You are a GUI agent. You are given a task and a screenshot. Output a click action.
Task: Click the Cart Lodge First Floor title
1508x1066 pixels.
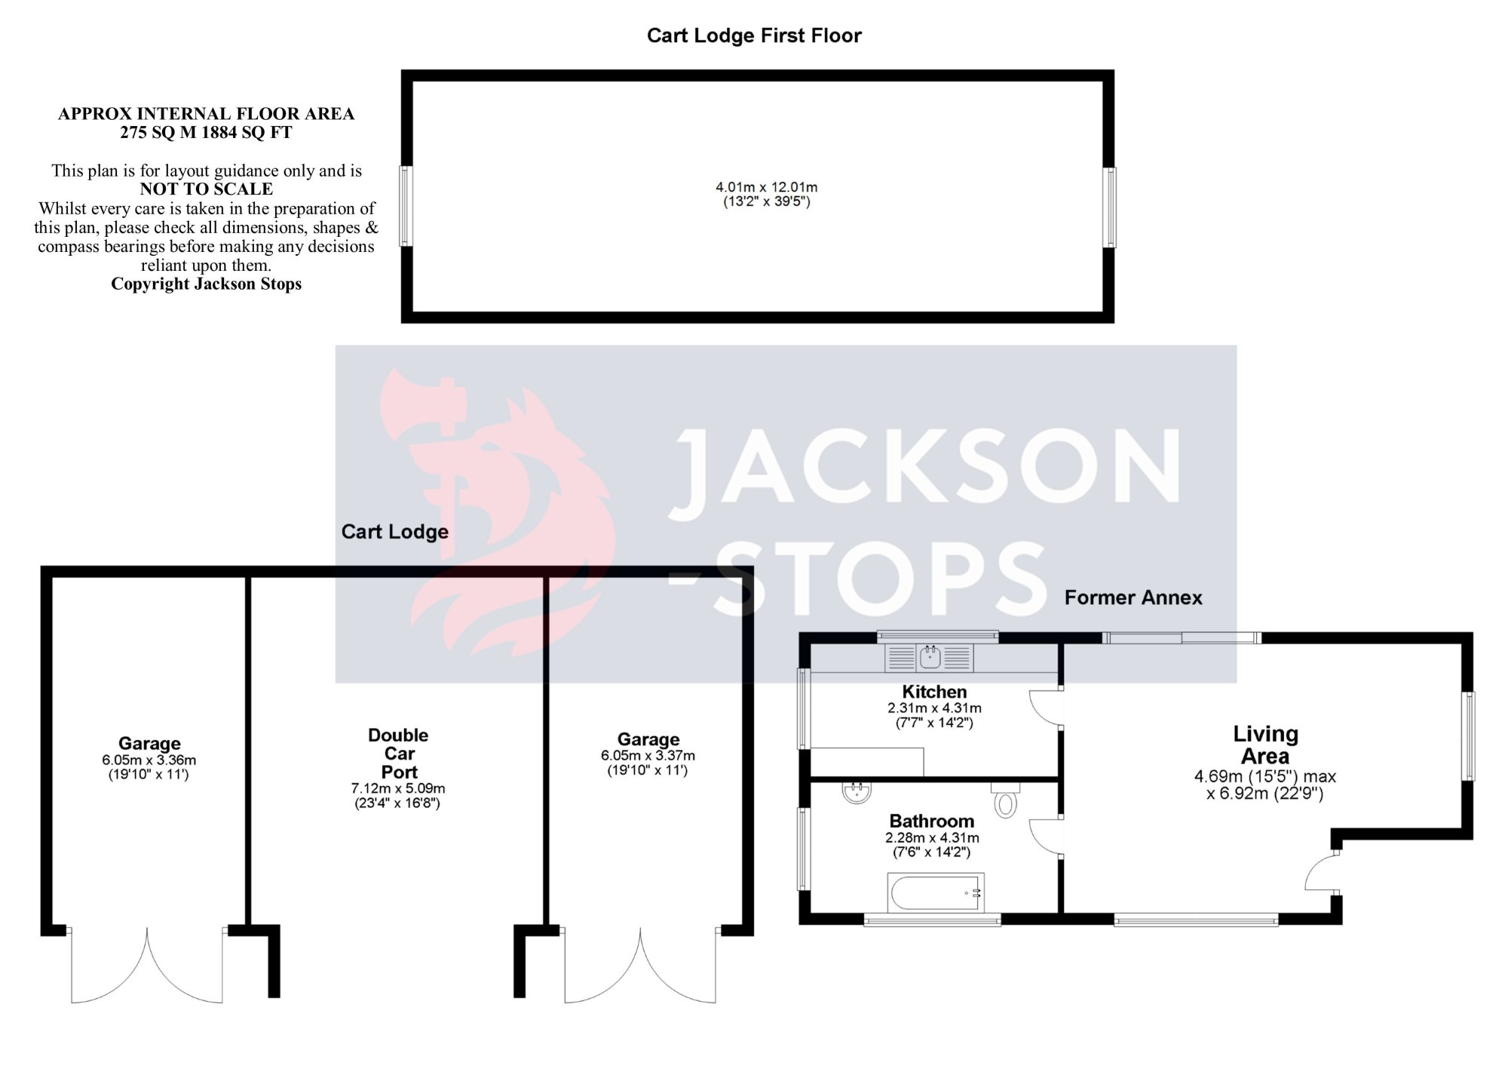(754, 35)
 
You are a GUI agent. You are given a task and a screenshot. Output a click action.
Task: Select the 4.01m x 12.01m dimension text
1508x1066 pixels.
(766, 187)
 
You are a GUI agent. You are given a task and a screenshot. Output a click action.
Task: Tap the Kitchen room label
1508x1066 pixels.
(934, 692)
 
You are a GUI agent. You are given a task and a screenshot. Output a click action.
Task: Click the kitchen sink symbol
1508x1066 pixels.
(930, 658)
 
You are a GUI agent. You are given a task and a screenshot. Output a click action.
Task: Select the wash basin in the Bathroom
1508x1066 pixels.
(857, 793)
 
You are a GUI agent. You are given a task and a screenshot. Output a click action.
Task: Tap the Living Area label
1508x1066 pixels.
(1264, 745)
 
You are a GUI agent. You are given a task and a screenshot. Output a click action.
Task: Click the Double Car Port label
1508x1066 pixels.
(398, 753)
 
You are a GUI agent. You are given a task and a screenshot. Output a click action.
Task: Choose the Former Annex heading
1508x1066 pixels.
(1133, 598)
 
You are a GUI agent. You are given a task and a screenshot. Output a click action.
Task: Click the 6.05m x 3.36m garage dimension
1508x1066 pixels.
(149, 760)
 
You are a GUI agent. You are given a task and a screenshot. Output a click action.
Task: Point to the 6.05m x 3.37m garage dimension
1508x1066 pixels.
(648, 756)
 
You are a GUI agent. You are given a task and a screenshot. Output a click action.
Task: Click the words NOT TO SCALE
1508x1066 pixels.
(206, 189)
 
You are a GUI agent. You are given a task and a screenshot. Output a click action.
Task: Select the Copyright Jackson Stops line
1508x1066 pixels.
(206, 284)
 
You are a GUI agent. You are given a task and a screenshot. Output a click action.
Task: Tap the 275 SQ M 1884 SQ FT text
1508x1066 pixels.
(206, 133)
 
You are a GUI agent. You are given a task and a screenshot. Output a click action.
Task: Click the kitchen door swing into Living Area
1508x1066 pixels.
(1044, 708)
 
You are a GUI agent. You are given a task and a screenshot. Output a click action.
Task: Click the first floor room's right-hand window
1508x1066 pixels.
(1110, 207)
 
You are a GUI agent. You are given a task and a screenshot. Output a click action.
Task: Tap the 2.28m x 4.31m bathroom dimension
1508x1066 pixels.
(932, 838)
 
